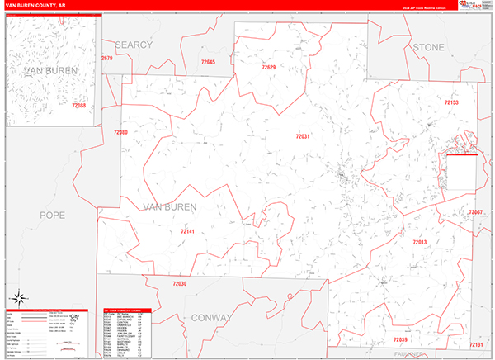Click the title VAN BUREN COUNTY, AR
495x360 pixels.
[38, 7]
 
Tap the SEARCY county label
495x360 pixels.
[134, 44]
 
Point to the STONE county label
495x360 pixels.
[428, 47]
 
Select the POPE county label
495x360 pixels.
[51, 215]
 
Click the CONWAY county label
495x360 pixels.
[211, 317]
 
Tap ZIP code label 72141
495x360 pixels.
[188, 232]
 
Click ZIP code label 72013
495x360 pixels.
[419, 242]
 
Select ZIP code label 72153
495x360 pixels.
[450, 102]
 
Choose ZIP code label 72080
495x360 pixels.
[121, 132]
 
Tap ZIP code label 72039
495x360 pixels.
[400, 339]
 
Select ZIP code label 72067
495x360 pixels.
[475, 212]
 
